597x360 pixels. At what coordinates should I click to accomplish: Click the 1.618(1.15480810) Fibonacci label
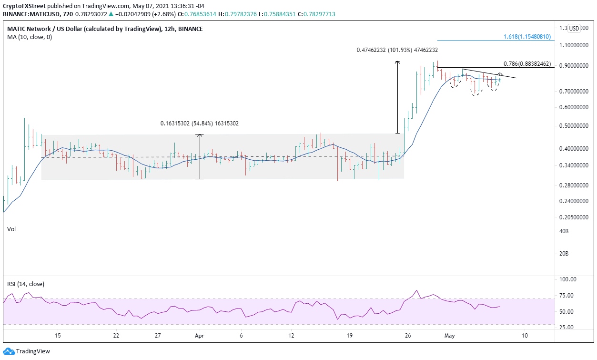[x=527, y=37]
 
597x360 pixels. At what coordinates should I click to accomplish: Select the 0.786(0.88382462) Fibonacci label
[x=527, y=63]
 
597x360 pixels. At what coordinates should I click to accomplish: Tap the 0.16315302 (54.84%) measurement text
[x=199, y=123]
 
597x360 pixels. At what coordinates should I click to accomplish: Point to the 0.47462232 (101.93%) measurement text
[x=397, y=50]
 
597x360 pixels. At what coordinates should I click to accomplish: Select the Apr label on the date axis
[x=199, y=335]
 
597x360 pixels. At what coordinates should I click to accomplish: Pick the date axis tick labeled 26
[x=407, y=335]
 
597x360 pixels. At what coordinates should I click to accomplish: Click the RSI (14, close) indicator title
[x=25, y=284]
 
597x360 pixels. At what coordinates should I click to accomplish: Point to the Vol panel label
[x=11, y=229]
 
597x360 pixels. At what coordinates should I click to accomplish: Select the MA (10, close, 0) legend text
[x=30, y=38]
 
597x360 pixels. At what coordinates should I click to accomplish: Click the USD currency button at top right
[x=574, y=29]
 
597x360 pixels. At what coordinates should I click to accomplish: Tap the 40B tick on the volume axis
[x=564, y=231]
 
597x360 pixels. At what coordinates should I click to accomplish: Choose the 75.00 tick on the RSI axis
[x=566, y=296]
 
